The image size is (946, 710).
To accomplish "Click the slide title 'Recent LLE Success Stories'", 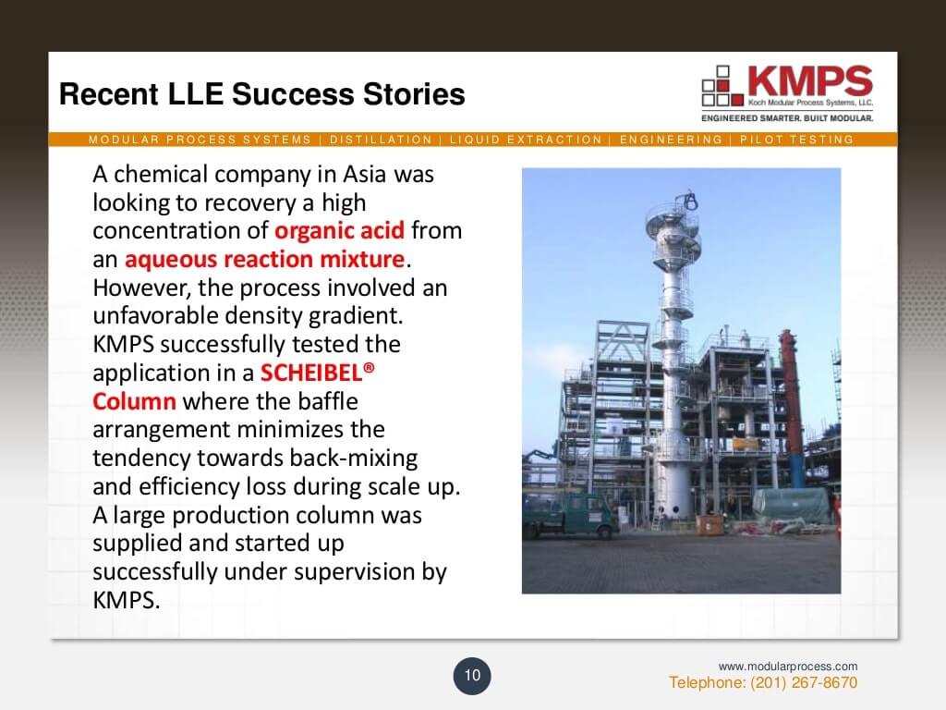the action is (x=261, y=94).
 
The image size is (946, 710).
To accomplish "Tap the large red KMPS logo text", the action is (x=810, y=81).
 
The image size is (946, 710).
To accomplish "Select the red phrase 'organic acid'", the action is (x=339, y=230).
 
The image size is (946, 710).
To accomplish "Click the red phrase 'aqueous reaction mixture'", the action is (x=264, y=259).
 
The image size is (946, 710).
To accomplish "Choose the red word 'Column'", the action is (x=134, y=401).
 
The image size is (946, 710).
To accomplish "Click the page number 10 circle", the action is (x=472, y=676).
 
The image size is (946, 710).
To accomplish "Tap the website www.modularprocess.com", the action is (x=787, y=666).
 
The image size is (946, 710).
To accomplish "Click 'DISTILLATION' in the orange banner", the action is (x=381, y=140).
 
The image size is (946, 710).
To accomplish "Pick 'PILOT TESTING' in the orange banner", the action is (x=796, y=140).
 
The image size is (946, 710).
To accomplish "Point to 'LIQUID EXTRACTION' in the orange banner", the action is (x=526, y=140).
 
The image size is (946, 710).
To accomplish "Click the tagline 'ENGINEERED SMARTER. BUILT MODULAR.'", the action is (x=787, y=118).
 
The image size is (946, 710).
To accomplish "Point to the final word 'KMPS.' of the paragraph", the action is (x=126, y=600).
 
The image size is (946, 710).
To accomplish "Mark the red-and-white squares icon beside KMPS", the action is (x=722, y=86).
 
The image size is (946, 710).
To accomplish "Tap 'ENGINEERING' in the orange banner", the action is (x=671, y=140).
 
